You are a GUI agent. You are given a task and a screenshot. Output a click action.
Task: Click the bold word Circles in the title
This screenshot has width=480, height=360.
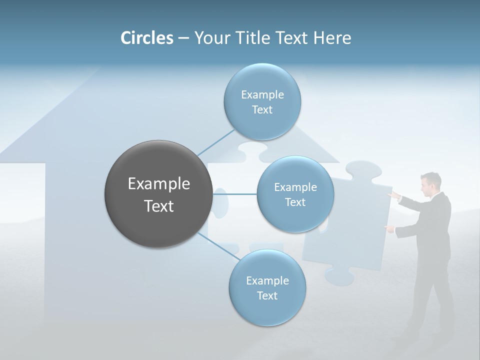(x=147, y=38)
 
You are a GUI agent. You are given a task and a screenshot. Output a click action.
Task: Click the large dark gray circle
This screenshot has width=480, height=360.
(x=158, y=194)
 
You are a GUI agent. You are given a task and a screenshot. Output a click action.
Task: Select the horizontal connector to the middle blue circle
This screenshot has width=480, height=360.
(x=235, y=194)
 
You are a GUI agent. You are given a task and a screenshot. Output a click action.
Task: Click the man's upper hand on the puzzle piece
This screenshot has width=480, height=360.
(x=394, y=194)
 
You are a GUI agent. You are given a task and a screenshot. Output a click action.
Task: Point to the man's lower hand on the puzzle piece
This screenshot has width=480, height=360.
(x=388, y=228)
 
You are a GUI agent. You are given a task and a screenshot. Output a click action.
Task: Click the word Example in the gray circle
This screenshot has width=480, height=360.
(x=158, y=183)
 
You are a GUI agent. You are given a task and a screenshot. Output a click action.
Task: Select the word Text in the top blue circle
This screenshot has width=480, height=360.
(x=262, y=109)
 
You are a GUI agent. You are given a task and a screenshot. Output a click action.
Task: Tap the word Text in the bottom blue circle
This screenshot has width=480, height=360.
(x=267, y=295)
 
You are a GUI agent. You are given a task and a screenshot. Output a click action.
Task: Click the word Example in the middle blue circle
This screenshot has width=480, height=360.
(x=295, y=187)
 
